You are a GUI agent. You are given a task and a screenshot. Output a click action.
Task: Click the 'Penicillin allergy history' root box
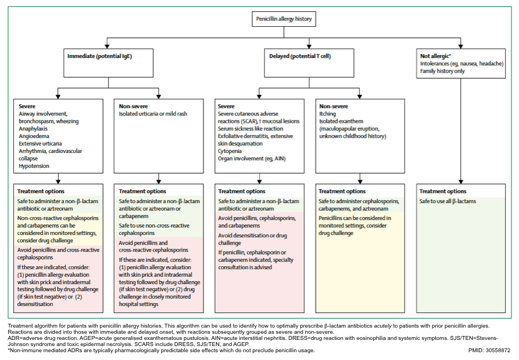pos(283,19)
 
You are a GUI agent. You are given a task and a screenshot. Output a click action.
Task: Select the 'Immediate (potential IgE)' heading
pos(100,56)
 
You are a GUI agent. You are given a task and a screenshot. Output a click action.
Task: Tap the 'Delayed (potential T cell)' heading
pos(300,56)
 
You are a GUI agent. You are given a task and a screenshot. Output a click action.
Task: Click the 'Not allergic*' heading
pos(436,56)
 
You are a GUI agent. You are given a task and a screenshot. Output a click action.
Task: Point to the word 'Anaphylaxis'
pos(33,129)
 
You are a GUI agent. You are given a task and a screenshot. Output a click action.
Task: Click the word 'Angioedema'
pos(33,136)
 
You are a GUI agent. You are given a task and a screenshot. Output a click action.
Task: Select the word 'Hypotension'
pos(33,166)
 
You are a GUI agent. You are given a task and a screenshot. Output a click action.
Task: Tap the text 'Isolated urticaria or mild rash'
pos(153,114)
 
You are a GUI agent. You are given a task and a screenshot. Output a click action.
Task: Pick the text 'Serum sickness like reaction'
pos(251,129)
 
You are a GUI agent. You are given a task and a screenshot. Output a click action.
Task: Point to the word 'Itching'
pos(328,114)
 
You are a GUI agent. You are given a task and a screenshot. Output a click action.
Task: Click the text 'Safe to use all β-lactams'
pos(448,201)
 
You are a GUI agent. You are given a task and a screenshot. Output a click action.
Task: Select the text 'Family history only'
pos(442,71)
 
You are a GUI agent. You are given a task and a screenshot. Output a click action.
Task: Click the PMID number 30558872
pos(498,350)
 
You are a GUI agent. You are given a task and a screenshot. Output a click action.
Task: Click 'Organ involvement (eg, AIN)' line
pos(252,159)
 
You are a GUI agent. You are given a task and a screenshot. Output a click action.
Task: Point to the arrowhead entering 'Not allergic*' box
pos(460,47)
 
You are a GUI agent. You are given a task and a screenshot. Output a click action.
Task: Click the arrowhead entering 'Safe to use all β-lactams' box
pos(460,182)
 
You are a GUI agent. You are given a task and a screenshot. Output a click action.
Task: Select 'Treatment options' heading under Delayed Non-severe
pos(342,191)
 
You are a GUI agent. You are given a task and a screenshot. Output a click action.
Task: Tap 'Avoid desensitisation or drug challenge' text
pos(253,239)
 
